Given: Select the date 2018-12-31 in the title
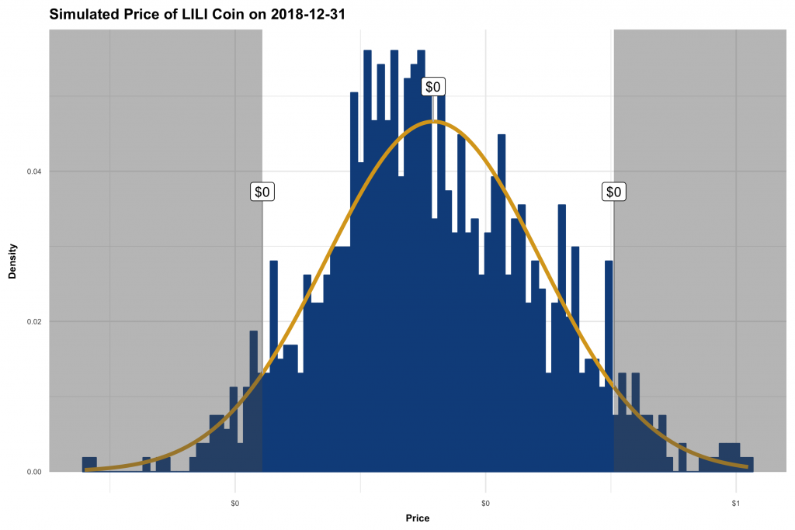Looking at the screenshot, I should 304,14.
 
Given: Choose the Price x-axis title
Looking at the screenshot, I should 417,518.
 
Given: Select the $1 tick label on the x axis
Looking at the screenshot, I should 735,504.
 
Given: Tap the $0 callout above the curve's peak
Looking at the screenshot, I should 433,87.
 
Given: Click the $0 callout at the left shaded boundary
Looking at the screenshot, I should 262,192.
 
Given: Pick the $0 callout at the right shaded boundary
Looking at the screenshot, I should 613,192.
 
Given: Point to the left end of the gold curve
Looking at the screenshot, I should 87,469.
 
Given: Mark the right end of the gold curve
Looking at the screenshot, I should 747,466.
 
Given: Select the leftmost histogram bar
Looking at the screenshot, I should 89,464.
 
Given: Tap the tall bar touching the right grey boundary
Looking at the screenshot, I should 609,365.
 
